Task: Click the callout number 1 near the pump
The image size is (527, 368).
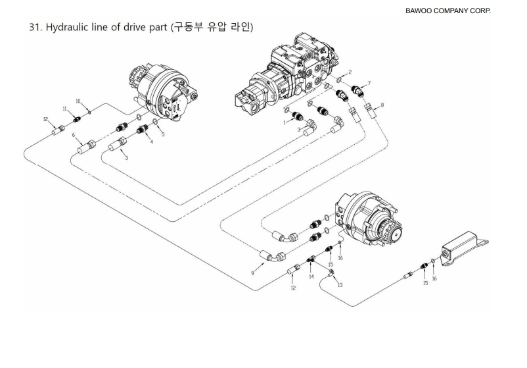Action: (283, 122)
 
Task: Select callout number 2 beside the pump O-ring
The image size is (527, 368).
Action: (350, 71)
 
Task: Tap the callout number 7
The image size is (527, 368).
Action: (369, 83)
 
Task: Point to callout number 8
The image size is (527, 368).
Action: (383, 105)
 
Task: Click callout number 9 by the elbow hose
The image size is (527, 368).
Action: (252, 272)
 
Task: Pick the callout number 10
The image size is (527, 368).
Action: (78, 101)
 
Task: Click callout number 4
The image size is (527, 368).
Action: (150, 142)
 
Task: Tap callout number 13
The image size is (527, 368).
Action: (340, 285)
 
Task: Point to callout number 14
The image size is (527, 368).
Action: (311, 277)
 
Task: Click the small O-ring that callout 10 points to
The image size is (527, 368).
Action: (89, 111)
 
